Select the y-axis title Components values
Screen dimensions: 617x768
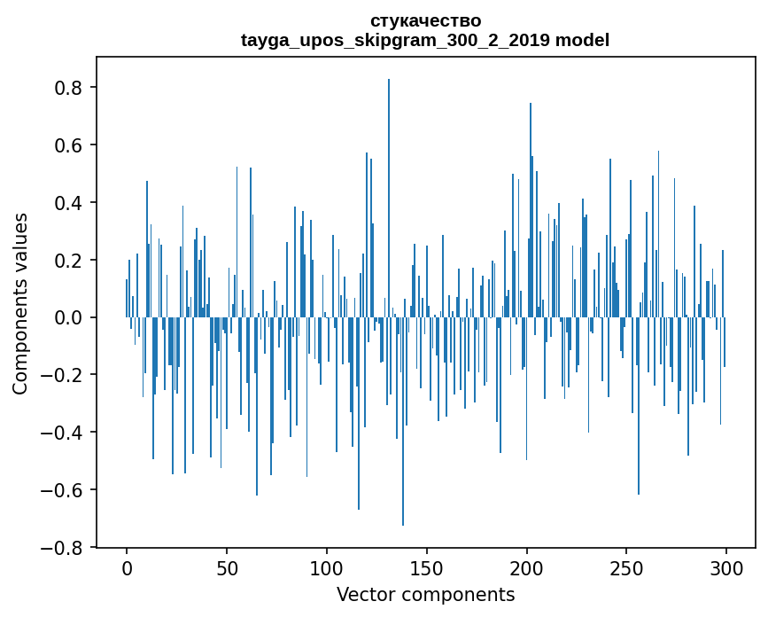tap(20, 303)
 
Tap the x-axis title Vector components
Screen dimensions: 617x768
tap(425, 594)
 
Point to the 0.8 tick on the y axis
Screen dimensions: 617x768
tap(70, 88)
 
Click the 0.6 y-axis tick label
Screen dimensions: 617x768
tap(70, 145)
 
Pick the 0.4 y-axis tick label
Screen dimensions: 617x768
tap(70, 203)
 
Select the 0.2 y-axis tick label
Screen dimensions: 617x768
tap(70, 261)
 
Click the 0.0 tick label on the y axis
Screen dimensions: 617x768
tap(70, 317)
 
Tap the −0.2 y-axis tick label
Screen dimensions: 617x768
tap(64, 375)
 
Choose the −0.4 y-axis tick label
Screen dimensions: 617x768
tap(64, 433)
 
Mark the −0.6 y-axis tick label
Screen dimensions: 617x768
tap(64, 490)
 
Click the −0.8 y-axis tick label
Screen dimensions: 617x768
tap(64, 548)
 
